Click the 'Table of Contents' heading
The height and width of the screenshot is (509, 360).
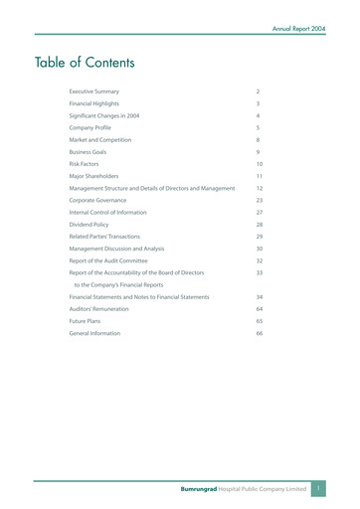85,63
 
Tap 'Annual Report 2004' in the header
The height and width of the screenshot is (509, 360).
298,29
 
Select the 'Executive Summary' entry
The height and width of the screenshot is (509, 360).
93,91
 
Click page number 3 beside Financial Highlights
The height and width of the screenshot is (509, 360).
258,103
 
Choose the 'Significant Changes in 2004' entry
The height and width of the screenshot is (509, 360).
103,115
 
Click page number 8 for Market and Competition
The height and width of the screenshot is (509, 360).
258,139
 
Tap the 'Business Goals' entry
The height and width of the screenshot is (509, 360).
88,151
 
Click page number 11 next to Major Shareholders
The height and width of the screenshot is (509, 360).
259,176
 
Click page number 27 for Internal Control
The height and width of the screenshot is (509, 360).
260,212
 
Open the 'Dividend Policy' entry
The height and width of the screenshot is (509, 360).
90,224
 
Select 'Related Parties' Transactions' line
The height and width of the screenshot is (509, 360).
107,237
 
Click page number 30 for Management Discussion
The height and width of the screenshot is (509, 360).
260,249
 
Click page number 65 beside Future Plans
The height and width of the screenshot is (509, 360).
260,321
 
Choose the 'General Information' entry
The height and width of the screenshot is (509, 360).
94,333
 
